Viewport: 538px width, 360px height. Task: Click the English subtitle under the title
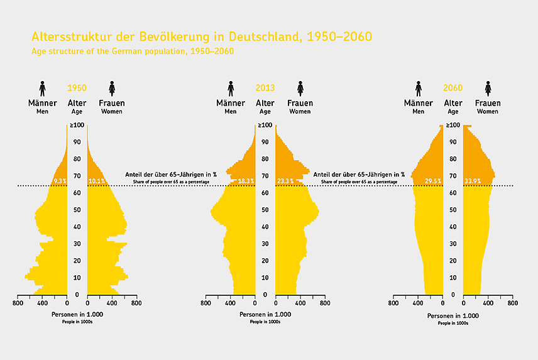[133, 51]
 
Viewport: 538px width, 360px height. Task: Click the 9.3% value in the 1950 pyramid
[60, 181]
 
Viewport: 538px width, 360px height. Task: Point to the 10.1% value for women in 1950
[96, 181]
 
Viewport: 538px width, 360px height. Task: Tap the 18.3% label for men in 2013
[245, 181]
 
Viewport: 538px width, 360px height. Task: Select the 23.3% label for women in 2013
[285, 181]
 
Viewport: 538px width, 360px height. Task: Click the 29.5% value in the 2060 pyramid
[433, 181]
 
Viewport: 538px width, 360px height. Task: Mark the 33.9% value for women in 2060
[473, 181]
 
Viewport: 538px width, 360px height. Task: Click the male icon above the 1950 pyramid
[43, 89]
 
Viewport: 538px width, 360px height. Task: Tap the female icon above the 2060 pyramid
[488, 89]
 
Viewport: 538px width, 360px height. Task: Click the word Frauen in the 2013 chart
[300, 103]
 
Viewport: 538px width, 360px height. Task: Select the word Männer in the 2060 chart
[419, 103]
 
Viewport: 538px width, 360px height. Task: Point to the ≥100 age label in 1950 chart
[77, 125]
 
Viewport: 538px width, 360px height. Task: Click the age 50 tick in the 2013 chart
[265, 210]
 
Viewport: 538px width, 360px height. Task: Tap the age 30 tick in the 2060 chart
[453, 244]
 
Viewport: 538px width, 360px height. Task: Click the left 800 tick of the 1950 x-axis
[17, 303]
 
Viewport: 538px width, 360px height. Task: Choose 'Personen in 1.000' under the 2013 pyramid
[265, 314]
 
